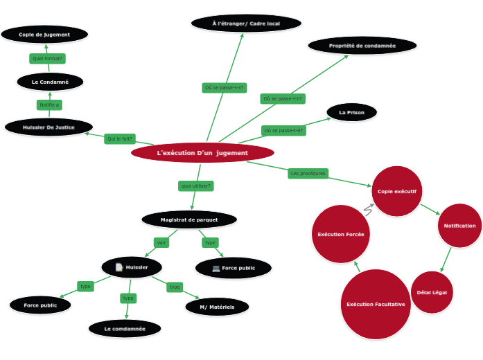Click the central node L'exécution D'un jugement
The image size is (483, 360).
point(202,152)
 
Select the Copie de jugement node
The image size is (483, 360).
point(44,34)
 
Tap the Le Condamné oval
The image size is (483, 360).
point(50,82)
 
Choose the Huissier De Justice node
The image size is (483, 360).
point(49,127)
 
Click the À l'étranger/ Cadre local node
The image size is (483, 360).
point(246,24)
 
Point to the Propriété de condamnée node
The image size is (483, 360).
point(362,46)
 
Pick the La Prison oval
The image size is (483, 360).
point(351,112)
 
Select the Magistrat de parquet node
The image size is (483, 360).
point(189,219)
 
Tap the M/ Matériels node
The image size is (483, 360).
point(217,307)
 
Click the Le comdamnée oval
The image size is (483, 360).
point(125,328)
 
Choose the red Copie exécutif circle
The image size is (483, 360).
point(397,191)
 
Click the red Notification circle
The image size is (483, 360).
point(459,226)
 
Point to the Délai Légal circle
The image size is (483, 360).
point(432,292)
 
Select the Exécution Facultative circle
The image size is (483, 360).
point(376,305)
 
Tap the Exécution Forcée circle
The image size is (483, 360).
point(341,234)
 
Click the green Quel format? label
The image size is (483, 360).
point(47,58)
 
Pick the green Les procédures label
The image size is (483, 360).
point(308,173)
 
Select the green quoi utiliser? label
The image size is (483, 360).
point(196,186)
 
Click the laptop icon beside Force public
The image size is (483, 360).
point(216,268)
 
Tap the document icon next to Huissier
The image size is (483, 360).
point(119,267)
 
